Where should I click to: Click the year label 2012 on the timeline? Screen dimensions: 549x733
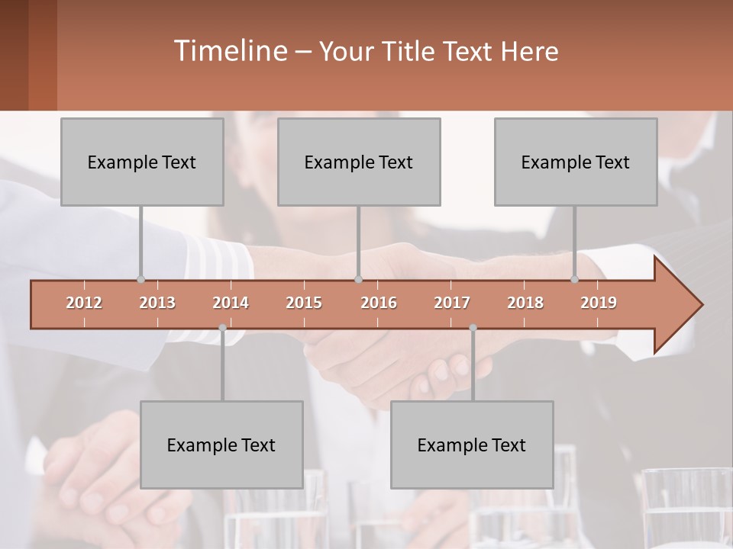click(84, 303)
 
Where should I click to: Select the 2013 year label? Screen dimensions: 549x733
click(157, 303)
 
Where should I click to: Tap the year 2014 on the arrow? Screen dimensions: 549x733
click(231, 303)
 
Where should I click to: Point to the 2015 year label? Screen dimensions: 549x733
click(304, 303)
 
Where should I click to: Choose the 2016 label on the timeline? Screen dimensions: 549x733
click(379, 303)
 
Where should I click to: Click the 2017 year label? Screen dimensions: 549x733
click(452, 303)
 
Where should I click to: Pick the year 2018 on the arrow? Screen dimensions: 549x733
click(525, 303)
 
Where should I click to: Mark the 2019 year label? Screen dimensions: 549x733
click(599, 303)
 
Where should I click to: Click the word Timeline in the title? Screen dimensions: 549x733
click(229, 51)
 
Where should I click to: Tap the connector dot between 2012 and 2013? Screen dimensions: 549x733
click(140, 279)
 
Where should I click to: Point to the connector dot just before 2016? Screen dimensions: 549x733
click(358, 279)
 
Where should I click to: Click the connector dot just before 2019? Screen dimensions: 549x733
click(575, 279)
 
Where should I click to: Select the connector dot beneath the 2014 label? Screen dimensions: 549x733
click(222, 328)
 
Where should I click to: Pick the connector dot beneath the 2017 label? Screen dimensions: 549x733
click(473, 328)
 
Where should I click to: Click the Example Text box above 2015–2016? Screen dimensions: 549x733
click(359, 162)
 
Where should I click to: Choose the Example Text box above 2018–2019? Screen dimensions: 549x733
click(576, 162)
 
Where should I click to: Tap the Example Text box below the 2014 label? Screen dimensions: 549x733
click(221, 445)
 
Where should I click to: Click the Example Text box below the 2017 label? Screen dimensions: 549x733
click(472, 445)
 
